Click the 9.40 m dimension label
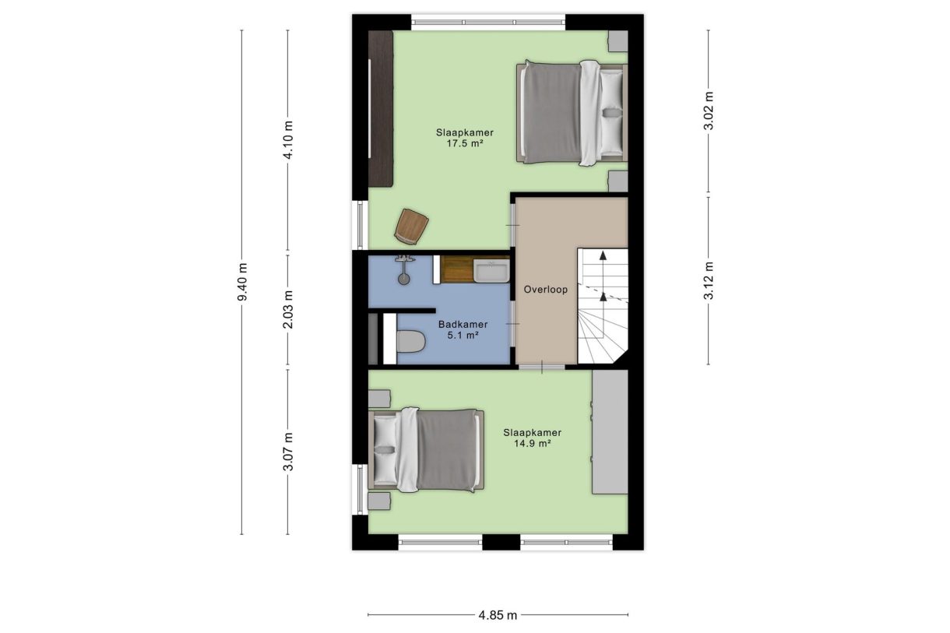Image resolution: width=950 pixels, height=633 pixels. coord(242,282)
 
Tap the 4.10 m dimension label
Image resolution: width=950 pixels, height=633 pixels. coord(288,140)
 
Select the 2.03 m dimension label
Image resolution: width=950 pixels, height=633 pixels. coord(288,310)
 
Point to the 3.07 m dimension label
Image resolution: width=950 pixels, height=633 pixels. coord(288,452)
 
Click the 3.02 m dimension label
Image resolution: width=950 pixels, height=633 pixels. coord(709,111)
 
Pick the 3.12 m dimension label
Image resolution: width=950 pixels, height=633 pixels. coord(709,280)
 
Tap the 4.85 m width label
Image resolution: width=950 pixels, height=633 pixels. coord(498,615)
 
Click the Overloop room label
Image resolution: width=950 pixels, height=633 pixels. coord(545,290)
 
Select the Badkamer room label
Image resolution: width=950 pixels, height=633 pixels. coord(463,325)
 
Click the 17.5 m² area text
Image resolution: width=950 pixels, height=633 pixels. coord(465,143)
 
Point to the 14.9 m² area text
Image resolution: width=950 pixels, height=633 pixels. coord(533,444)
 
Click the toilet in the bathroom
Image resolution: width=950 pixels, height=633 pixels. coord(410,341)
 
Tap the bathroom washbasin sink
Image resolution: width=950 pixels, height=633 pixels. coord(491,270)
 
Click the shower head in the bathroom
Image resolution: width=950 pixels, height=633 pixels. coord(403,279)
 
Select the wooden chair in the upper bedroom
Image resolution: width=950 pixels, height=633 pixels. coord(411,227)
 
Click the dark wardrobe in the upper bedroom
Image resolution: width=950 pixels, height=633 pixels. coord(381,108)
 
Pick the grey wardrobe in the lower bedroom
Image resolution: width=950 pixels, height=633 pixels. coord(610,431)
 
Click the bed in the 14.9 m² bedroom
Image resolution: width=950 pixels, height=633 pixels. coord(426,450)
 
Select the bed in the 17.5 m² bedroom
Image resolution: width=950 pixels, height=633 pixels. coord(572,113)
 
